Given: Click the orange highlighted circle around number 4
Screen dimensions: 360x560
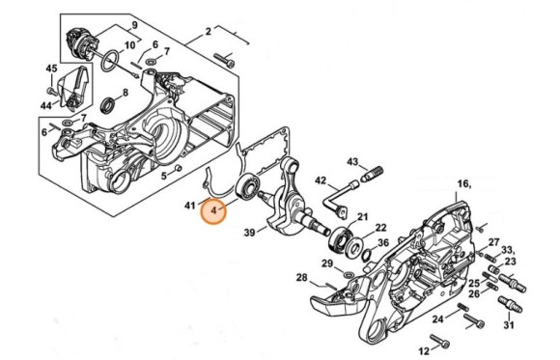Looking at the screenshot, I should (x=212, y=208).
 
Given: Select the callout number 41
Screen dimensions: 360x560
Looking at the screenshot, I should (x=189, y=205).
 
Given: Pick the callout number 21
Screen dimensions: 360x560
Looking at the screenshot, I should (x=363, y=216).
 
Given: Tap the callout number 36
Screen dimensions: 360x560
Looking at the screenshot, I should (x=383, y=242).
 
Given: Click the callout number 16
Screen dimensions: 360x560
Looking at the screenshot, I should (x=462, y=182).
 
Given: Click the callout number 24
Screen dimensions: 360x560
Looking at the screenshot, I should (x=437, y=318).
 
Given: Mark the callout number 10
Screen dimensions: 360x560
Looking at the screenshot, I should (x=130, y=45).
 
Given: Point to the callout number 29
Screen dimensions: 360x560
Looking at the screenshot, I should (x=327, y=263).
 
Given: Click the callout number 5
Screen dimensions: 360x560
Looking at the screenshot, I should (x=165, y=175).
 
